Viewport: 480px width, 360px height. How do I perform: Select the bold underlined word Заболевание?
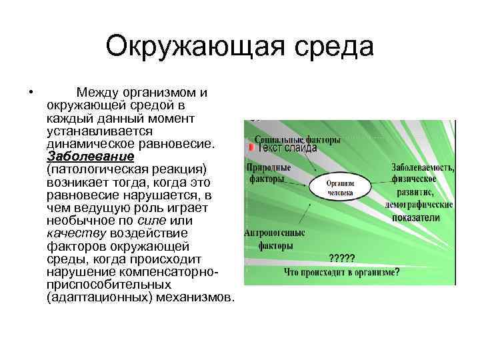[91, 156]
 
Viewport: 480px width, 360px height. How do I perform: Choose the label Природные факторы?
[267, 173]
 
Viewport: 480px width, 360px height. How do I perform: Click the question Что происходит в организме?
[341, 271]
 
